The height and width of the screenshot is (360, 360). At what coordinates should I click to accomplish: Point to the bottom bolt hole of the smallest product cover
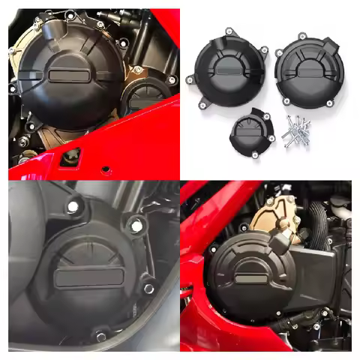pyautogui.click(x=255, y=155)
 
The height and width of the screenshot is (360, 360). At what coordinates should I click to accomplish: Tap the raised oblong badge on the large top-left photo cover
pyautogui.click(x=71, y=75)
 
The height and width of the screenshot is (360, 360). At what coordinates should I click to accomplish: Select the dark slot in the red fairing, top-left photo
pyautogui.click(x=73, y=156)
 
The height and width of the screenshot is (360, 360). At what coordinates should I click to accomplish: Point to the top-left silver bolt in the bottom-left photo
pyautogui.click(x=73, y=205)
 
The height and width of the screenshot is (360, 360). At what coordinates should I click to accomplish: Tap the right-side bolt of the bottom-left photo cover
pyautogui.click(x=148, y=288)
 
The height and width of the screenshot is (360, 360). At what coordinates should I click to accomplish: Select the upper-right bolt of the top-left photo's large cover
pyautogui.click(x=100, y=25)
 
